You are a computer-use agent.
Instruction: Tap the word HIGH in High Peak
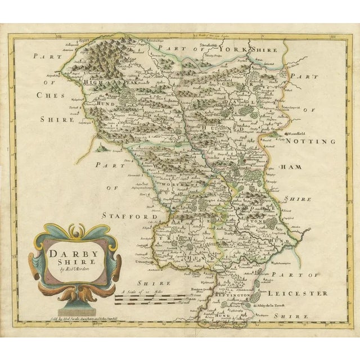92,82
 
